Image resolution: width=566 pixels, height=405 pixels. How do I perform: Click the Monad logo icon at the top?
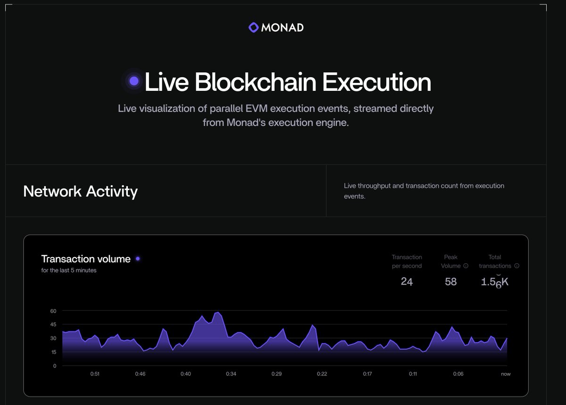point(254,28)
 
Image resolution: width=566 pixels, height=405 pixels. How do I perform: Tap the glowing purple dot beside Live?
point(134,81)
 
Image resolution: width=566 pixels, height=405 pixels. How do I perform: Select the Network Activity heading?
point(80,191)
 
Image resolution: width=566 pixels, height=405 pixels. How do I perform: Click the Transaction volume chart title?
point(86,259)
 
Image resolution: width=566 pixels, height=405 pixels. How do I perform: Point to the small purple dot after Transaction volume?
point(138,259)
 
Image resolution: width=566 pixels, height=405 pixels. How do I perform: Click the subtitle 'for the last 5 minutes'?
point(69,270)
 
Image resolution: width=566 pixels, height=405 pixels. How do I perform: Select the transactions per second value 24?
point(407,282)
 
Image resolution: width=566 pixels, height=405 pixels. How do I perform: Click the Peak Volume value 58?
point(451,282)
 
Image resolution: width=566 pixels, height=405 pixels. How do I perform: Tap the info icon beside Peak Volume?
point(466,266)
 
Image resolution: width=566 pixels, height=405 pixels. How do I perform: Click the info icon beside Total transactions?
point(516,266)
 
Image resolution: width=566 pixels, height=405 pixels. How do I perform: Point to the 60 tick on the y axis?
point(53,311)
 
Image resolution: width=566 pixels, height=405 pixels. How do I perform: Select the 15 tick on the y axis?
point(53,352)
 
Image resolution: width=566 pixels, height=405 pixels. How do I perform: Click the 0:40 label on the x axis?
point(186,374)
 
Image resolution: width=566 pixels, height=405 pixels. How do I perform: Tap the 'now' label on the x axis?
point(506,374)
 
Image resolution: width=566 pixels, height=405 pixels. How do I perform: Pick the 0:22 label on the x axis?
point(322,374)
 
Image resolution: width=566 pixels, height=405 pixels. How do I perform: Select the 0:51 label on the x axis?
point(95,374)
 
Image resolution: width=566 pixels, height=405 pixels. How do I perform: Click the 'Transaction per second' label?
point(407,261)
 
